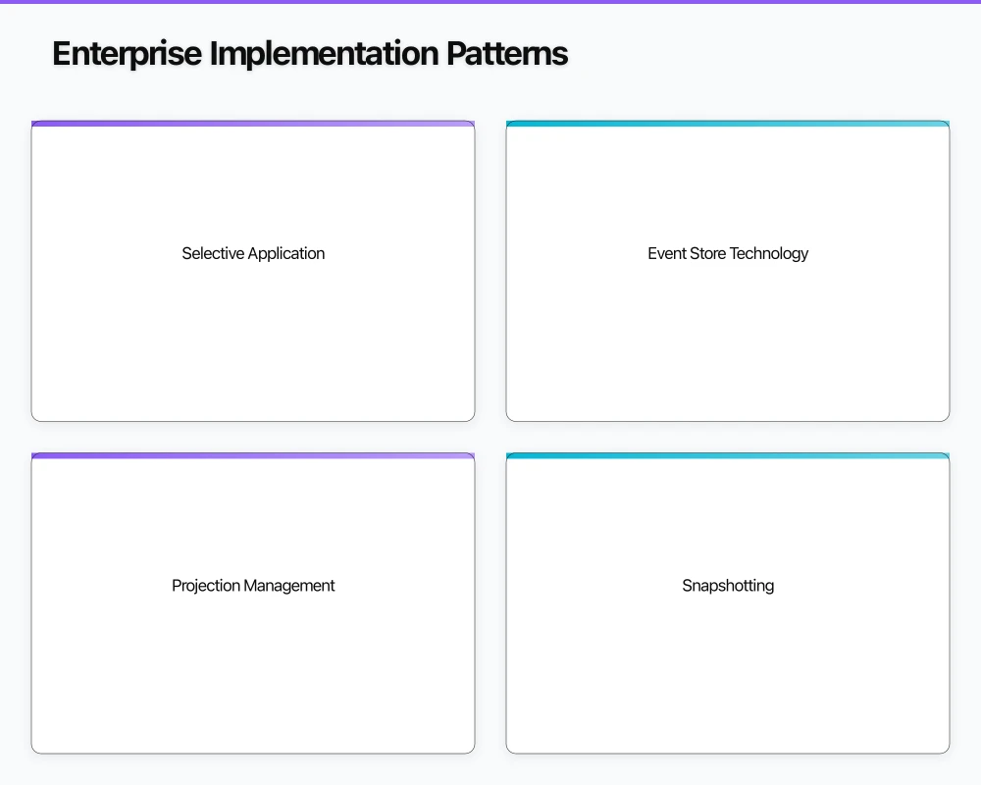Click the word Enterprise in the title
pyautogui.click(x=127, y=53)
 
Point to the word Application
pyautogui.click(x=286, y=253)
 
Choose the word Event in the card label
pyautogui.click(x=667, y=253)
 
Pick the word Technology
pyautogui.click(x=769, y=253)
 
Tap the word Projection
pyautogui.click(x=206, y=586)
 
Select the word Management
pyautogui.click(x=289, y=586)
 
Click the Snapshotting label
pyautogui.click(x=728, y=586)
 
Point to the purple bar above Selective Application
pyautogui.click(x=253, y=124)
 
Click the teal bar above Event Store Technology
pyautogui.click(x=728, y=124)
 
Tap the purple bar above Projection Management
pyautogui.click(x=253, y=456)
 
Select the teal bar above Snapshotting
pyautogui.click(x=728, y=456)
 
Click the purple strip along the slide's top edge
pyautogui.click(x=490, y=2)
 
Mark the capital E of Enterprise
pyautogui.click(x=62, y=53)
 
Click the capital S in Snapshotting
pyautogui.click(x=688, y=586)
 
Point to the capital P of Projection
pyautogui.click(x=177, y=586)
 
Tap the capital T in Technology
pyautogui.click(x=734, y=253)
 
